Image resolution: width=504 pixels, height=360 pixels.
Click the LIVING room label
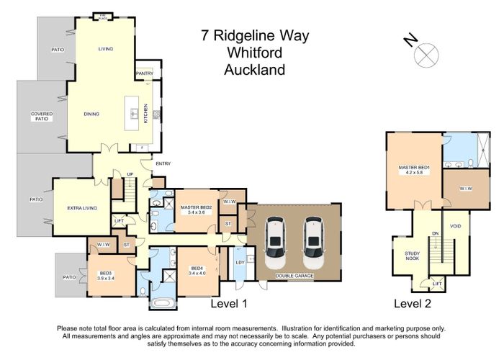(106, 49)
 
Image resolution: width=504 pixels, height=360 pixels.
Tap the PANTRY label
(144, 73)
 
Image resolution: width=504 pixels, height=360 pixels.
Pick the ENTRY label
(163, 163)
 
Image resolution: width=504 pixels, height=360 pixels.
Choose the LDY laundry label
(239, 262)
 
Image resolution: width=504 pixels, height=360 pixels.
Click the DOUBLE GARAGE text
(295, 276)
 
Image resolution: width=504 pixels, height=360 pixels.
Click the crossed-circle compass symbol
(427, 53)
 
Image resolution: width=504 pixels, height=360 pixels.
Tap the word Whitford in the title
(255, 52)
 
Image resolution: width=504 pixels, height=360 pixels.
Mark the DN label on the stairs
(434, 233)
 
